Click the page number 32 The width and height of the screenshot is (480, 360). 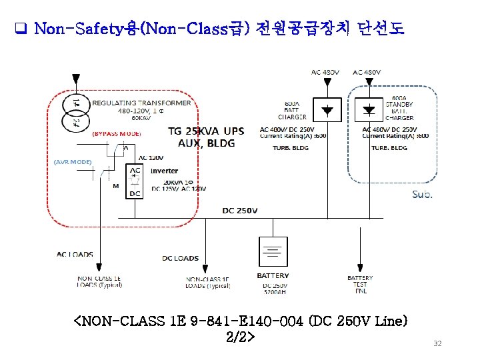pos(437,343)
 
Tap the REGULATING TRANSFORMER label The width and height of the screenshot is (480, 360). pos(141,103)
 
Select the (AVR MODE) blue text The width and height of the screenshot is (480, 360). pos(73,162)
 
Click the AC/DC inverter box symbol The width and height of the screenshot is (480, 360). pos(135,181)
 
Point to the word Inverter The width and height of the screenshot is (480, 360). pos(164,171)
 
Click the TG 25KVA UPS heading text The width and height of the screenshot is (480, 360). pos(205,131)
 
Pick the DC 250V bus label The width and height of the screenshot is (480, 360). pos(239,211)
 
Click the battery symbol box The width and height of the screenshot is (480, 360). pos(273,252)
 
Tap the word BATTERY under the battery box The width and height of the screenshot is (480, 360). pos(273,275)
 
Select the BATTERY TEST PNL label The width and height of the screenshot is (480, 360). pos(360,285)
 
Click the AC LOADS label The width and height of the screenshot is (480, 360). pos(75,255)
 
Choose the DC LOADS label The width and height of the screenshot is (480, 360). pos(180,258)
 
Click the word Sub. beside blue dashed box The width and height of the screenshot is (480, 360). pos(422,195)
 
